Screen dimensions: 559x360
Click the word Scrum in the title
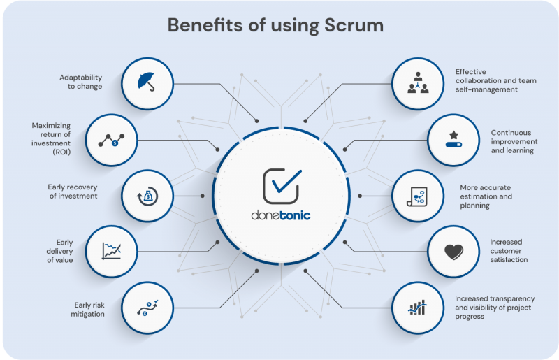pyautogui.click(x=354, y=25)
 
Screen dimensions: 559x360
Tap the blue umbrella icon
pyautogui.click(x=147, y=82)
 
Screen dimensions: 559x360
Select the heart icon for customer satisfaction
pyautogui.click(x=453, y=252)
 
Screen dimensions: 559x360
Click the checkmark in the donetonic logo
pyautogui.click(x=286, y=181)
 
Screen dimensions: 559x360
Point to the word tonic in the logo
pyautogui.click(x=295, y=215)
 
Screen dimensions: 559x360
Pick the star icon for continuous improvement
pyautogui.click(x=453, y=135)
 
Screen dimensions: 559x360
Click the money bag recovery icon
pyautogui.click(x=147, y=196)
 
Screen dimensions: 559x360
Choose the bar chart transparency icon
pyautogui.click(x=417, y=308)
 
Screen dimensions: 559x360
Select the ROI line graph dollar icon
pyautogui.click(x=111, y=141)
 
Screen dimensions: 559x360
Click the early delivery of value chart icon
pyautogui.click(x=112, y=251)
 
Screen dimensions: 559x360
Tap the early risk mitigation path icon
pyautogui.click(x=147, y=308)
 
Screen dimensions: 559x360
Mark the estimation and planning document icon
pyautogui.click(x=417, y=196)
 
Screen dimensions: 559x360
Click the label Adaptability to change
pyautogui.click(x=80, y=82)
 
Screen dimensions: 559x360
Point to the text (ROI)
pyautogui.click(x=61, y=152)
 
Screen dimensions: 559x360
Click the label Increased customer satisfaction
pyautogui.click(x=509, y=251)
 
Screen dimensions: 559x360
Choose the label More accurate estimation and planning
pyautogui.click(x=486, y=196)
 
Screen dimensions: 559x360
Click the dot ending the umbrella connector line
pyautogui.click(x=256, y=121)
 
